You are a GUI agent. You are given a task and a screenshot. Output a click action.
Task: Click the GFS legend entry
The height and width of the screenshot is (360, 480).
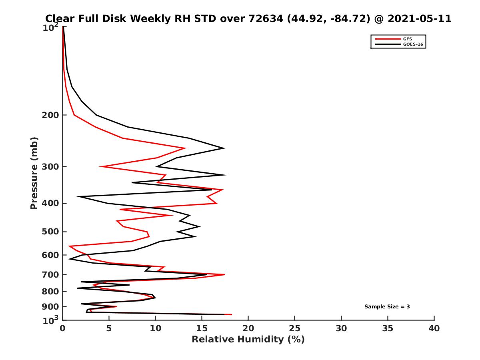click(x=407, y=39)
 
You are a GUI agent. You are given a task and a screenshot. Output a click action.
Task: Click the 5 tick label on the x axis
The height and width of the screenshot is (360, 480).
click(x=109, y=328)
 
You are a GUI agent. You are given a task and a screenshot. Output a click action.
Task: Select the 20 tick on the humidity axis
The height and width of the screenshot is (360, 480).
click(x=248, y=328)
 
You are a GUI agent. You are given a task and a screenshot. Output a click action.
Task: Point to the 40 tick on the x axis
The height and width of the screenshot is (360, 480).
click(x=434, y=328)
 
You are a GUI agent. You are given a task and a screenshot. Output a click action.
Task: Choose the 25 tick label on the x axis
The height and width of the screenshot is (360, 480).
click(x=295, y=328)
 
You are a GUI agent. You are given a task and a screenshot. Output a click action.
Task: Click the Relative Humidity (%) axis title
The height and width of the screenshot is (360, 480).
click(x=248, y=340)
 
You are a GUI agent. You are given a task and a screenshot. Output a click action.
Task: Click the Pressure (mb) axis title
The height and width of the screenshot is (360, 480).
click(x=34, y=173)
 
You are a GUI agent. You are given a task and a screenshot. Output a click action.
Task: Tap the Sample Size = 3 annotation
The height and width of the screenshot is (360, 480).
click(x=387, y=307)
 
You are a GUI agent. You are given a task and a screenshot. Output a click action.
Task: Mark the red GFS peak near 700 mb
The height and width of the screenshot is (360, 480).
click(x=224, y=274)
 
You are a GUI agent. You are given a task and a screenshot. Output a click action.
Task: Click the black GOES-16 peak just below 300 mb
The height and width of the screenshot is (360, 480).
click(x=226, y=175)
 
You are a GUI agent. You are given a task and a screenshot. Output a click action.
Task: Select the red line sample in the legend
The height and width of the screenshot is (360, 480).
click(x=387, y=39)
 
